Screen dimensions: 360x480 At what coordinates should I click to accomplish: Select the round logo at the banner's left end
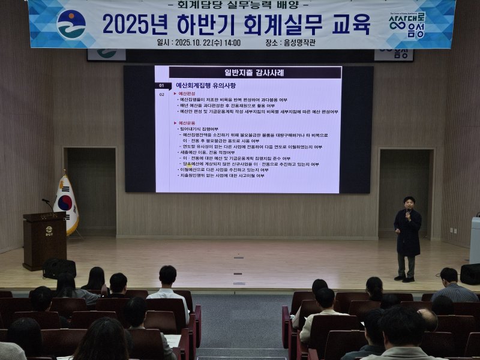[x=71, y=24]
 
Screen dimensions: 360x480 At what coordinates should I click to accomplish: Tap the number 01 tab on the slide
[x=161, y=86]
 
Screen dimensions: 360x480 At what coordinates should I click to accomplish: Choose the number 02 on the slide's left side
[x=161, y=94]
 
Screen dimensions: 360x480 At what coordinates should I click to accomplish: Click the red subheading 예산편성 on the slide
[x=187, y=94]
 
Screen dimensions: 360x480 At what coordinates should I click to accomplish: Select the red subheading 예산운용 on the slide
[x=187, y=123]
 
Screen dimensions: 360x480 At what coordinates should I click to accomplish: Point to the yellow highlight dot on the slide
[x=189, y=164]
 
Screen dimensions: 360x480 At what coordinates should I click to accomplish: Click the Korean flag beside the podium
[x=65, y=204]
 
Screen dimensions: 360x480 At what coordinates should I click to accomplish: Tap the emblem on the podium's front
[x=49, y=230]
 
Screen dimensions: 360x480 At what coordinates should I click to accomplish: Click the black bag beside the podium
[x=59, y=268]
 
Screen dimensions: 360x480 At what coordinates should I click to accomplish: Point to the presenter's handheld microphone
[x=408, y=211]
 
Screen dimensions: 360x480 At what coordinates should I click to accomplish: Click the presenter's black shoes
[x=408, y=278]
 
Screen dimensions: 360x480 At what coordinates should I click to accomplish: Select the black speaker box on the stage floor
[x=470, y=274]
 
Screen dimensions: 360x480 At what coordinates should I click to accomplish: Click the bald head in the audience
[x=427, y=318]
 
